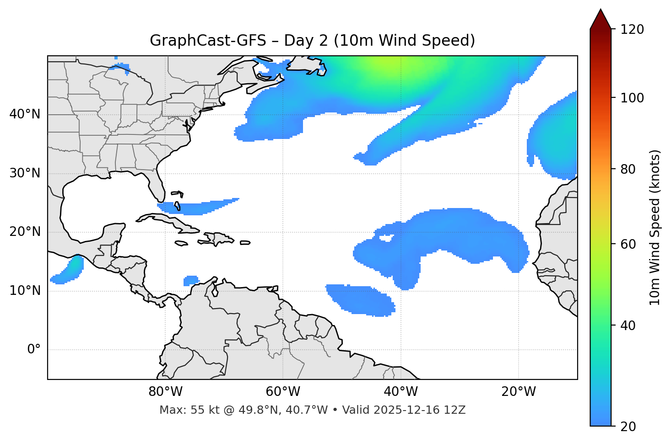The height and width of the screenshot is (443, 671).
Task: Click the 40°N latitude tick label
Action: (x=25, y=114)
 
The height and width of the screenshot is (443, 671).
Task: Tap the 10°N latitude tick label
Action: (x=25, y=291)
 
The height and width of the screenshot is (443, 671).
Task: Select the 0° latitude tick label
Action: (x=34, y=350)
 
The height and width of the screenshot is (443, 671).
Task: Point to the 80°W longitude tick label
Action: (x=165, y=392)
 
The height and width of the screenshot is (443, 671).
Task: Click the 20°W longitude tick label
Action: (x=519, y=392)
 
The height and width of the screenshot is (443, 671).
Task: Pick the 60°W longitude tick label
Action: (x=283, y=392)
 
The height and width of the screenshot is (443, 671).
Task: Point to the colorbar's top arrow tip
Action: (x=601, y=10)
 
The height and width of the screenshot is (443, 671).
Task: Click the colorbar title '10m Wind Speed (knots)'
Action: (x=655, y=227)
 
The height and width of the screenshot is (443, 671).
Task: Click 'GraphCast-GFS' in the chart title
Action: (x=208, y=41)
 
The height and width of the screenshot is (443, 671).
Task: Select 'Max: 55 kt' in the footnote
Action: (x=183, y=410)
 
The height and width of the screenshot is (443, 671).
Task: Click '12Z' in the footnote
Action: (x=456, y=410)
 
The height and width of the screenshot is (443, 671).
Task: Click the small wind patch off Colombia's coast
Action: (x=191, y=280)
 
